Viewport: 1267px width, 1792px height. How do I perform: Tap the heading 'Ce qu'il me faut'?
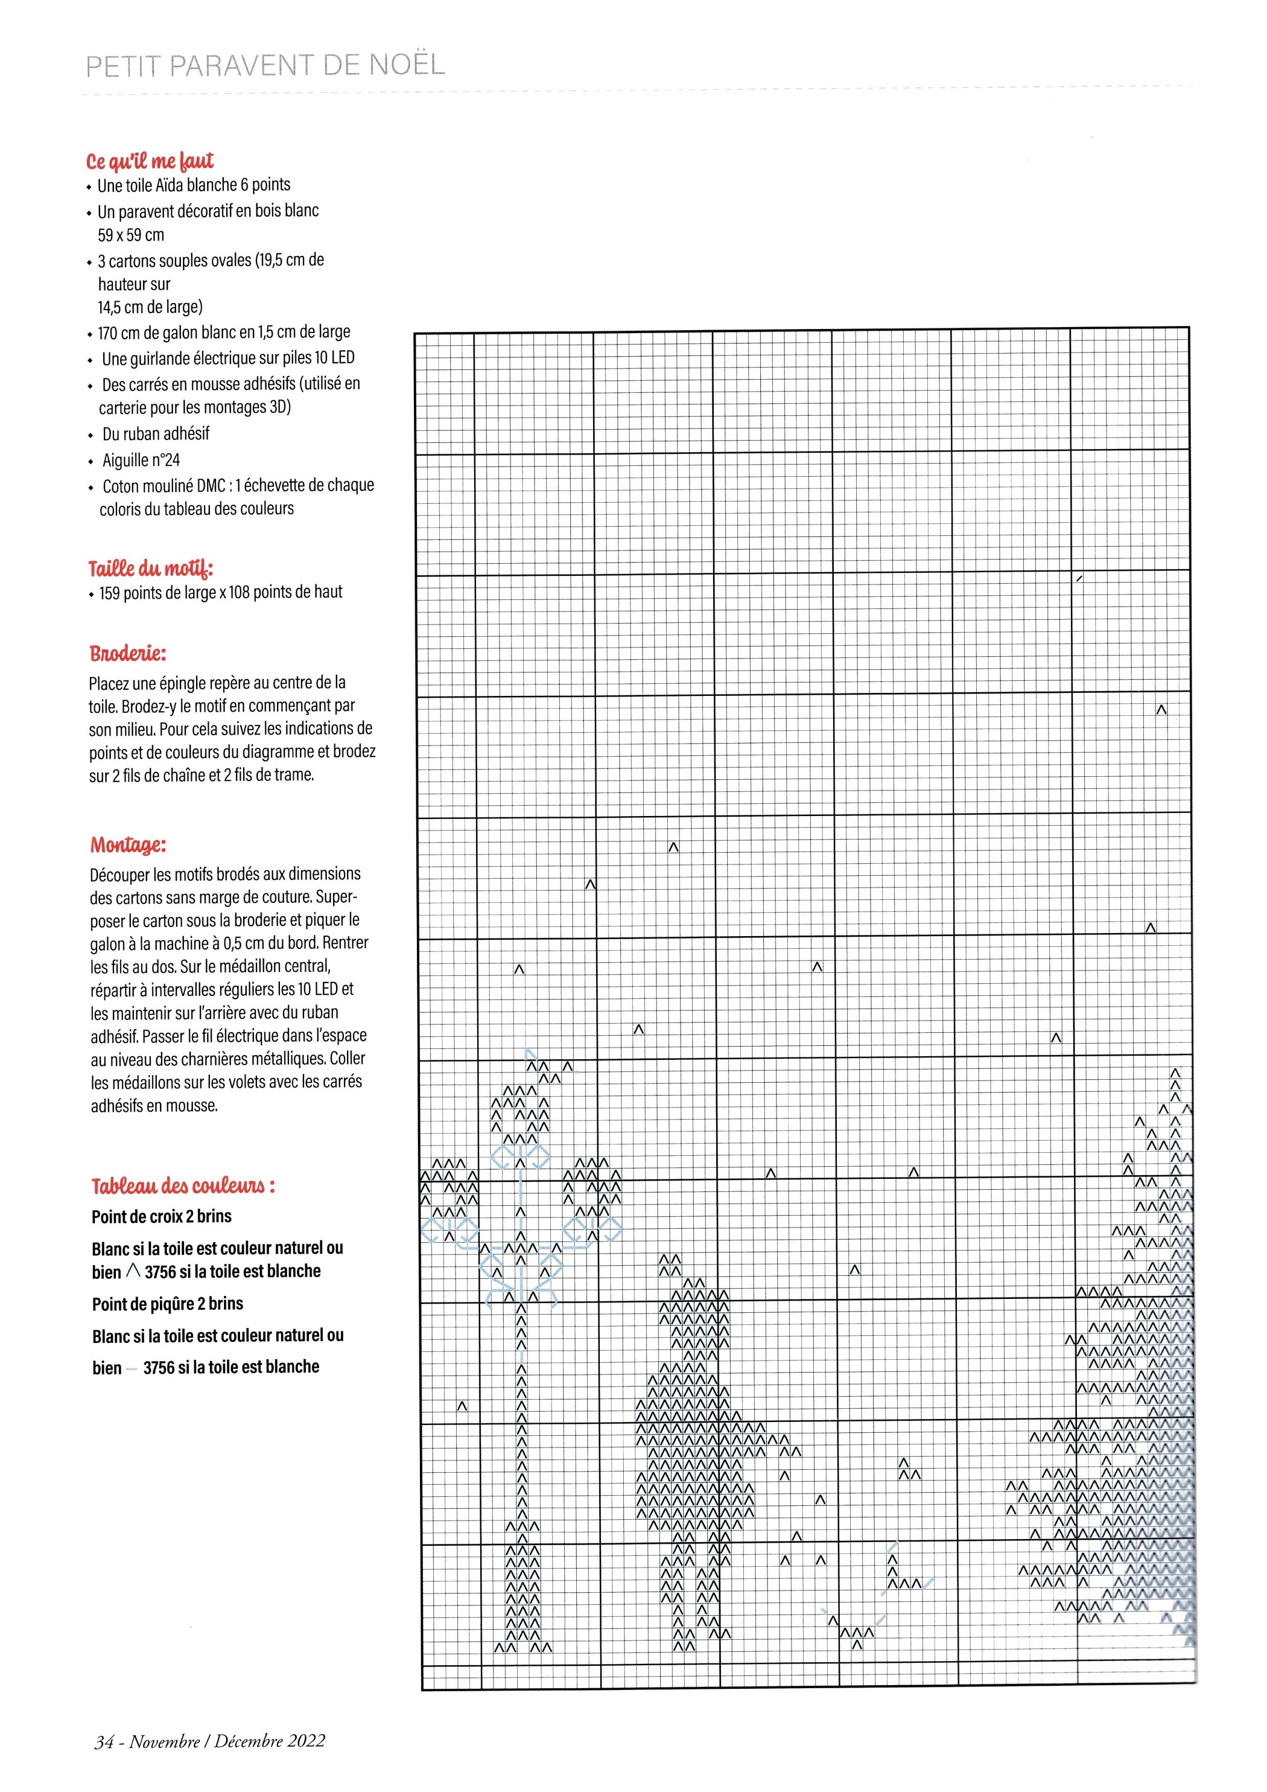pos(150,162)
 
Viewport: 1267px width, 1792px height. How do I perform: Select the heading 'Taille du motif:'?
pos(151,567)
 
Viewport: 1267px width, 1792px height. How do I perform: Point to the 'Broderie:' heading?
pos(127,653)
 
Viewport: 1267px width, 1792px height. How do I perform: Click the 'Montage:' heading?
pos(128,845)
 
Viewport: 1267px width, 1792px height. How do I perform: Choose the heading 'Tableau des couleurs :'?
pos(183,1187)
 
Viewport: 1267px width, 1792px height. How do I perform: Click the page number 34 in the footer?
pos(104,1741)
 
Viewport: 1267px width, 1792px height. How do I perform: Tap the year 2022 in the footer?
pos(306,1741)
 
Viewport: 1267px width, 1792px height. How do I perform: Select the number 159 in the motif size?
pos(109,593)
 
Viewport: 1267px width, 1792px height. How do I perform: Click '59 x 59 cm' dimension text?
pos(131,235)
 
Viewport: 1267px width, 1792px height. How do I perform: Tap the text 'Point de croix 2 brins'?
pos(162,1216)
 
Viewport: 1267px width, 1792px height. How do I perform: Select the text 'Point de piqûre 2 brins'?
pos(167,1304)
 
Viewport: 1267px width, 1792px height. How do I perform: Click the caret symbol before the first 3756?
pos(133,1271)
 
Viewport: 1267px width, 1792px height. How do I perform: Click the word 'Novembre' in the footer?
pos(165,1741)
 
